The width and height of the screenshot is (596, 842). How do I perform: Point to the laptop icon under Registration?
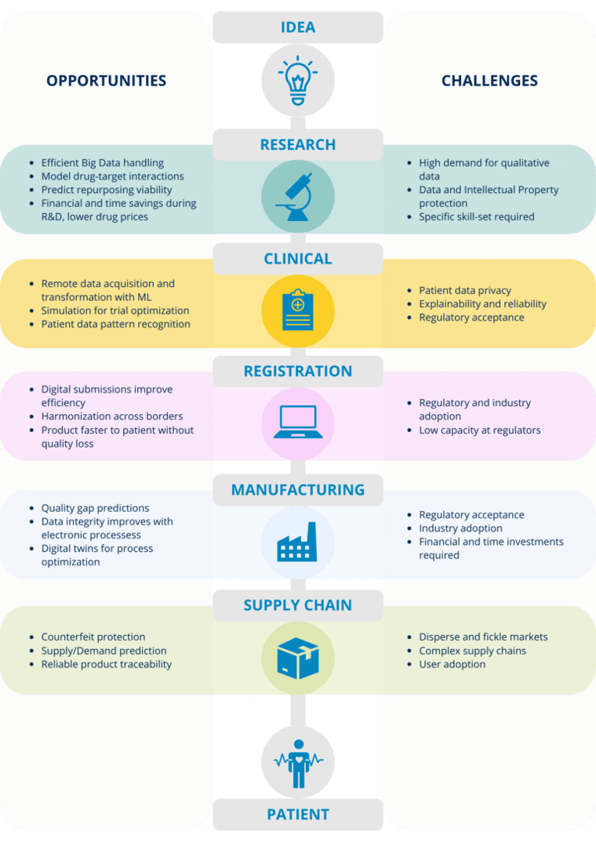[297, 421]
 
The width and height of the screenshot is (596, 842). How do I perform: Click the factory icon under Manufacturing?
[297, 542]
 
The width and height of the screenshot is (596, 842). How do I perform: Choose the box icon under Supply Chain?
[297, 657]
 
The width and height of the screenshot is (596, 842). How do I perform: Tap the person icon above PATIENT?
[297, 762]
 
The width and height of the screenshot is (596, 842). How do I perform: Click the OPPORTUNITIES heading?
[106, 81]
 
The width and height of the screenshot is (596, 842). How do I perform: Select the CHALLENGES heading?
[489, 81]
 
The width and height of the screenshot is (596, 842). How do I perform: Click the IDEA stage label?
[298, 27]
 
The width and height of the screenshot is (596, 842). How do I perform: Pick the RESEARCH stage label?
[298, 144]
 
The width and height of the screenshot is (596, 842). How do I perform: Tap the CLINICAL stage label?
[298, 259]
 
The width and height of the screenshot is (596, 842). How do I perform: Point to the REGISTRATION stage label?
[298, 371]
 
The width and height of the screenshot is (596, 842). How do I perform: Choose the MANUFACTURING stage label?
[298, 490]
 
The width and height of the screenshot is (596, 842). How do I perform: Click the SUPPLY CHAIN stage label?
[298, 605]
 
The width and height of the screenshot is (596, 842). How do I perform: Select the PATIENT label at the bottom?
[298, 815]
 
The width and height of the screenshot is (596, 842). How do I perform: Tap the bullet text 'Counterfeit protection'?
[93, 637]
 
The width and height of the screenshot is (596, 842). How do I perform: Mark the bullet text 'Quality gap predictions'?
[95, 508]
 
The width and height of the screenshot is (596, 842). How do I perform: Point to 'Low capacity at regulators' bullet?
[480, 430]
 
